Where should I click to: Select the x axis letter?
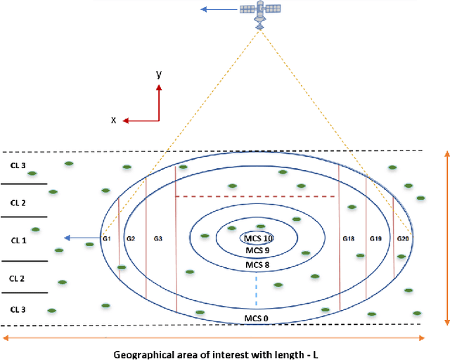(113, 120)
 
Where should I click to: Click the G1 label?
(108, 239)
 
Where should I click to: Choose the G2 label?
(130, 239)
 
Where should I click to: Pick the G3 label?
(158, 239)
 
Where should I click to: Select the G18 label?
(349, 239)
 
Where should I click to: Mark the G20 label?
(403, 239)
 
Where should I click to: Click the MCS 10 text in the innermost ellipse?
(255, 237)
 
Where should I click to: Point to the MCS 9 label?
(255, 250)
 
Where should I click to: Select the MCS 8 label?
(255, 265)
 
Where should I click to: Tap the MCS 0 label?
(255, 319)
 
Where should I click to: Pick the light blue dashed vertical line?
(256, 290)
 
